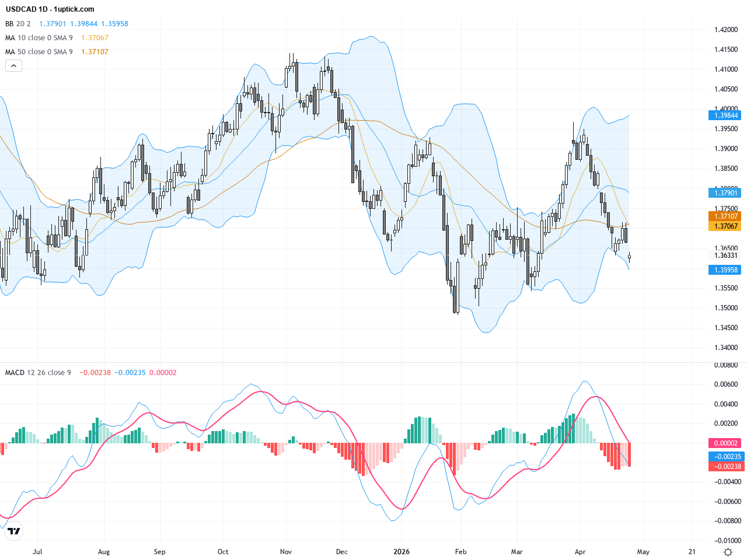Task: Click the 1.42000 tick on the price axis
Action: (x=726, y=30)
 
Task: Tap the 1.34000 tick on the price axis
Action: (x=726, y=348)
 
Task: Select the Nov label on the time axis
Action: (x=285, y=552)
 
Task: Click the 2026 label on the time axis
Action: (x=402, y=552)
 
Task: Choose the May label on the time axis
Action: (x=643, y=552)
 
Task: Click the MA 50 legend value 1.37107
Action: (x=95, y=52)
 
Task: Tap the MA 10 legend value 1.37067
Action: (x=95, y=38)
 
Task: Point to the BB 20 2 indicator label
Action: (x=18, y=24)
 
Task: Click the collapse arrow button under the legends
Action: (x=13, y=66)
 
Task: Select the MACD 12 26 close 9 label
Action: (x=38, y=373)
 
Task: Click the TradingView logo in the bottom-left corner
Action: (x=13, y=531)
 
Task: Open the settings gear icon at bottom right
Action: (x=728, y=552)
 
